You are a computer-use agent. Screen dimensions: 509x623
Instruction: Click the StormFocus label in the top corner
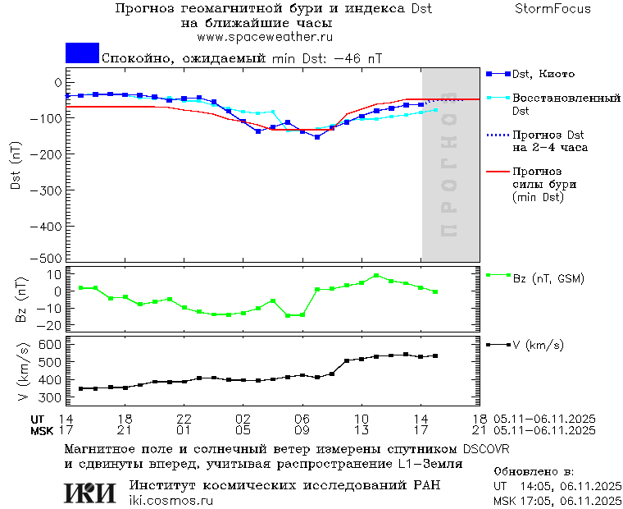[553, 9]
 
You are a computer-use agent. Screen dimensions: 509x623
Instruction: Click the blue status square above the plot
[82, 53]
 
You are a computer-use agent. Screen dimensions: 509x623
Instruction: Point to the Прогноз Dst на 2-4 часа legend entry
[548, 140]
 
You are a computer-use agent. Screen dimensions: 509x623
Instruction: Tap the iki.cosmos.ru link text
[171, 501]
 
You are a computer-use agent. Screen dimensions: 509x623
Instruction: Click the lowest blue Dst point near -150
[317, 137]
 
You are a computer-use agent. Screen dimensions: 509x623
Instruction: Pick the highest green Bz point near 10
[376, 276]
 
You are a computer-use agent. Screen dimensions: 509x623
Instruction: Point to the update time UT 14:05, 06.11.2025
[556, 487]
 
